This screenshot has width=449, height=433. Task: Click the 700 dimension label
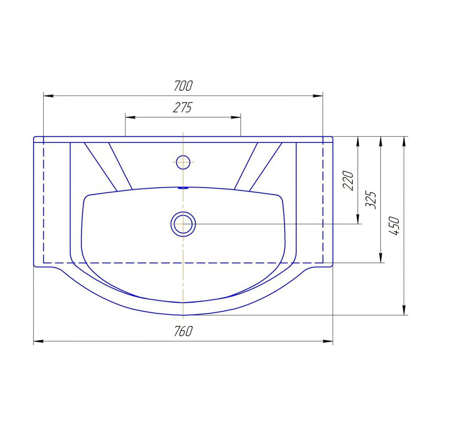tap(183, 85)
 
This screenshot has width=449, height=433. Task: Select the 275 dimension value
tap(183, 107)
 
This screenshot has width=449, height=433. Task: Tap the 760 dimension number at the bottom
tap(183, 331)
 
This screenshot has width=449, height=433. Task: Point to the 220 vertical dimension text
tap(348, 180)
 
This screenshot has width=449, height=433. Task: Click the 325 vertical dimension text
tap(371, 200)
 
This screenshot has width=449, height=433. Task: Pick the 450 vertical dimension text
tap(394, 226)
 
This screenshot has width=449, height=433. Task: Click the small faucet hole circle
tap(183, 162)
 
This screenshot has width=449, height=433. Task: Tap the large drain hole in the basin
tap(183, 224)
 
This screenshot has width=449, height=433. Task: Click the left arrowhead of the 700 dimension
tap(48, 96)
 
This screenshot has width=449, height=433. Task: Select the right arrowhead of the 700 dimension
tap(318, 96)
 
